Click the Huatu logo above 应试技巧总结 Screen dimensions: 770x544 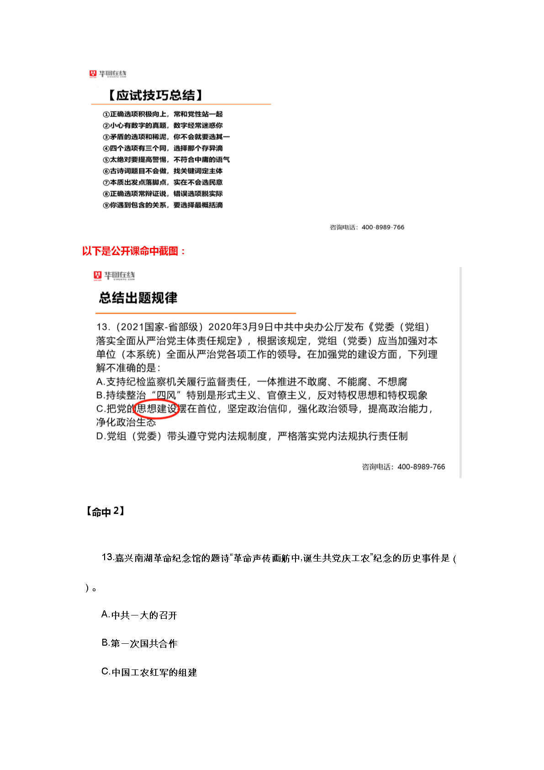click(108, 74)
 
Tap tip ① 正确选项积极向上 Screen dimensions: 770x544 click(163, 114)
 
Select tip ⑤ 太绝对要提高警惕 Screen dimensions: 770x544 click(166, 160)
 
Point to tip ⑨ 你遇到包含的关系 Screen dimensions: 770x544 click(163, 205)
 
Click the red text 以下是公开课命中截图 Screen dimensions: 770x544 click(134, 251)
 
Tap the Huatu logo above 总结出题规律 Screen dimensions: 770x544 click(114, 275)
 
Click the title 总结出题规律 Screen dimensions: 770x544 click(138, 298)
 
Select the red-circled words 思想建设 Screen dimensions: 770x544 click(156, 409)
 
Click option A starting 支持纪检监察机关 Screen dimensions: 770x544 click(251, 382)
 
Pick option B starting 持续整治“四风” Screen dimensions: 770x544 click(261, 395)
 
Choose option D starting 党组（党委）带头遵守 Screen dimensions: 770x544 click(251, 436)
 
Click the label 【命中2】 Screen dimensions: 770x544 click(105, 511)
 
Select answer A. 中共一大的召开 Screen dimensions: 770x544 click(139, 615)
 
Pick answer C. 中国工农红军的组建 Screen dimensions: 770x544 click(149, 672)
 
